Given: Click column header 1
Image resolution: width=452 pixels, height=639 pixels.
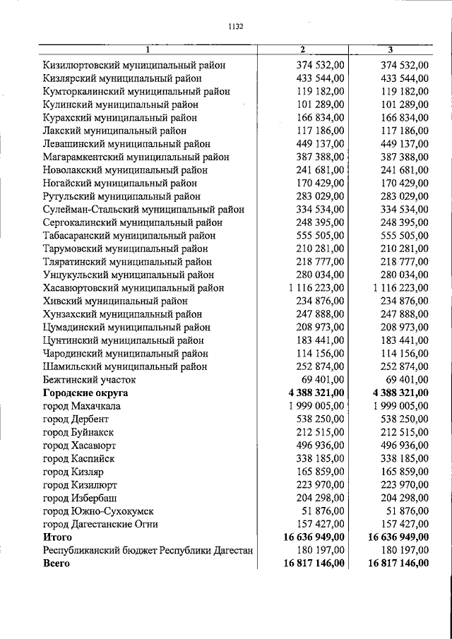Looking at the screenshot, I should point(147,49).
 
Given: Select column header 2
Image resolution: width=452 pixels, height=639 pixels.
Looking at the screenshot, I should point(302,49).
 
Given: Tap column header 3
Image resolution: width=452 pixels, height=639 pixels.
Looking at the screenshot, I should point(391,49).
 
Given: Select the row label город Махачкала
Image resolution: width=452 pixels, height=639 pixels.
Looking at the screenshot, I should point(81,406).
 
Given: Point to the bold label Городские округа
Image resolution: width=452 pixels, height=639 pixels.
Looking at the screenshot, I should point(85,393).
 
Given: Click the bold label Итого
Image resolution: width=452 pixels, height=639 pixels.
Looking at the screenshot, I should point(58,537).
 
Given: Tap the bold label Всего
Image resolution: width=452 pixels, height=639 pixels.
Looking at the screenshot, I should point(56,563).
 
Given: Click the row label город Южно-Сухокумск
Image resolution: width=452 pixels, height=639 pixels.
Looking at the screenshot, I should point(98,510).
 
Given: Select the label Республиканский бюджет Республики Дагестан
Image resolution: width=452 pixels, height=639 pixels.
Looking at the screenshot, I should point(148,550).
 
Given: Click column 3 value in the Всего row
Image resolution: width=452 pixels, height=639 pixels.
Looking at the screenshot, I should point(399,563).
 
